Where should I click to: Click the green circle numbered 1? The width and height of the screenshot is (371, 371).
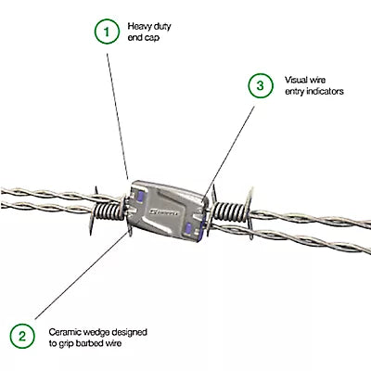107,32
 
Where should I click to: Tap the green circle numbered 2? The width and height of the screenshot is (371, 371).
22,336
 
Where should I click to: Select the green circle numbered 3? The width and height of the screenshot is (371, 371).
261,85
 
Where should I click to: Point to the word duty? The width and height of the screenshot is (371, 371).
162,27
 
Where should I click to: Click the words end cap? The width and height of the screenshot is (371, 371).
144,38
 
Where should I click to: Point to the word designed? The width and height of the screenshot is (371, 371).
129,333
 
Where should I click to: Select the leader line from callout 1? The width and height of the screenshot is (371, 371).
118,116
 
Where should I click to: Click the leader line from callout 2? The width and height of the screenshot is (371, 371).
81,275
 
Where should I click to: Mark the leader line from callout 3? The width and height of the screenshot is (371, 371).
229,152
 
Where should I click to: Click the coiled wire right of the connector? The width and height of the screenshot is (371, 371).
229,212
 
